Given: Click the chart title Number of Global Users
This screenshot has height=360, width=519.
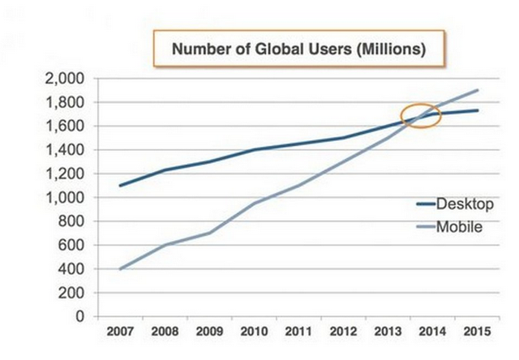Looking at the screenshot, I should [298, 49].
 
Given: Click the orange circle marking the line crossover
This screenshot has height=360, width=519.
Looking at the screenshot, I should [422, 115].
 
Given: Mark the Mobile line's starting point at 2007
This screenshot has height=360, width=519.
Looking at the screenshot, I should [119, 268].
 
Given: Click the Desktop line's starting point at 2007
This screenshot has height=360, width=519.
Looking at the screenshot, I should [119, 186].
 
